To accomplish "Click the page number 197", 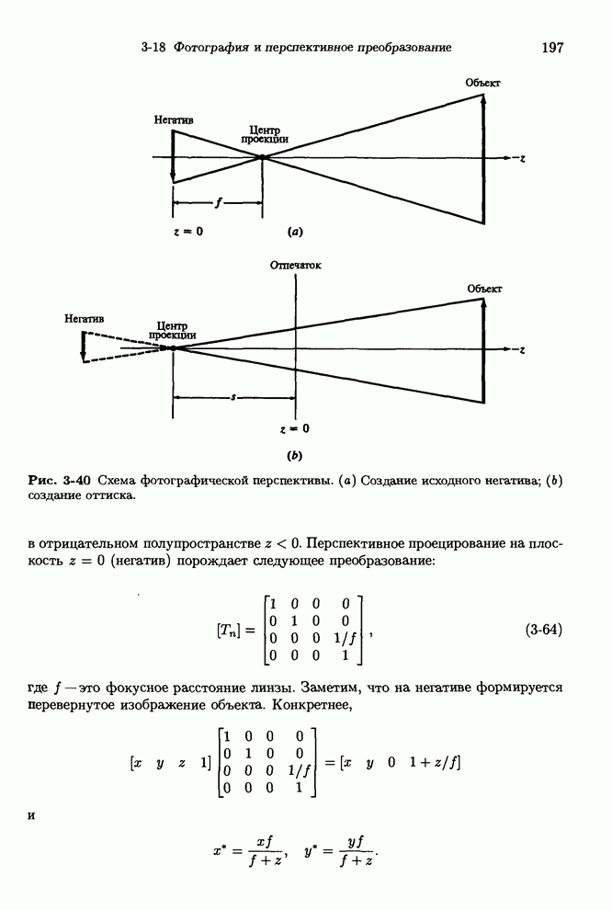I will (x=551, y=47).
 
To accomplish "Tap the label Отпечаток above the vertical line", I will (x=296, y=266).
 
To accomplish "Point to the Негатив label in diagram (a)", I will (x=175, y=119).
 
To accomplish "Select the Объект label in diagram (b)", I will (x=483, y=289).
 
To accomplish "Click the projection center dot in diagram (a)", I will (x=263, y=157).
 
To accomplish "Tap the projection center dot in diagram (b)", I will (x=173, y=348).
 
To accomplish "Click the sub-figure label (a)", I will (x=295, y=232).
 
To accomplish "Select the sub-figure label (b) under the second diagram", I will (x=295, y=454).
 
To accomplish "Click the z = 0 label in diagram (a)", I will (x=187, y=232).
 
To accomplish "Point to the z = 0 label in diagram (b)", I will (x=294, y=428).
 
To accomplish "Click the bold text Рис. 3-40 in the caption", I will (x=60, y=480).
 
